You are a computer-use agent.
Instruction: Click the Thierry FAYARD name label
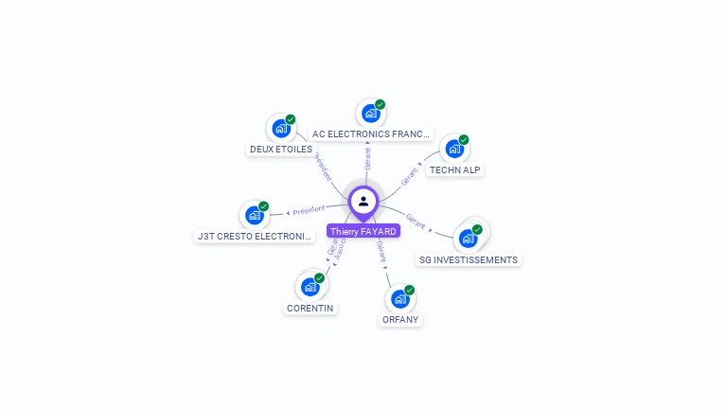[363, 231]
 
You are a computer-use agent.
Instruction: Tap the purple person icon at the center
[363, 201]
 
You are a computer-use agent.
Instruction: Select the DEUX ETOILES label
[281, 150]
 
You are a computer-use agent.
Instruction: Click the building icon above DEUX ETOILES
[281, 128]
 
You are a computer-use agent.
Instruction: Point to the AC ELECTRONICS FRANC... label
[371, 134]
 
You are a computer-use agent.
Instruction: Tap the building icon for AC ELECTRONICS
[370, 113]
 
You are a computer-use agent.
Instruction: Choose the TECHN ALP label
[454, 170]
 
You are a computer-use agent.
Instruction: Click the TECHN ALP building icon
[454, 149]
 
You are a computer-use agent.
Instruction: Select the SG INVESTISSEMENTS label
[469, 259]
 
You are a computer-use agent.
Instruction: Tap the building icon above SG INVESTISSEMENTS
[468, 238]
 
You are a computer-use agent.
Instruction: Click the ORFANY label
[400, 320]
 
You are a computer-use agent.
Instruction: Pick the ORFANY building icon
[400, 298]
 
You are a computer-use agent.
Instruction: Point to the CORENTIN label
[310, 308]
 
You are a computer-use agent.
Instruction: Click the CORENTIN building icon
[310, 286]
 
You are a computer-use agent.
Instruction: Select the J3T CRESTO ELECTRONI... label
[255, 236]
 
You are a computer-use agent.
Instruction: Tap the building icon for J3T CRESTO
[254, 215]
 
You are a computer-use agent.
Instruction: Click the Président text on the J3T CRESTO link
[309, 210]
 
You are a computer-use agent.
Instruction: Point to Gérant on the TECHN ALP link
[409, 176]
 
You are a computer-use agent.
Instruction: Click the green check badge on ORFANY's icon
[410, 290]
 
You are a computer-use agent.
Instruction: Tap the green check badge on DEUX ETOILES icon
[291, 119]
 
